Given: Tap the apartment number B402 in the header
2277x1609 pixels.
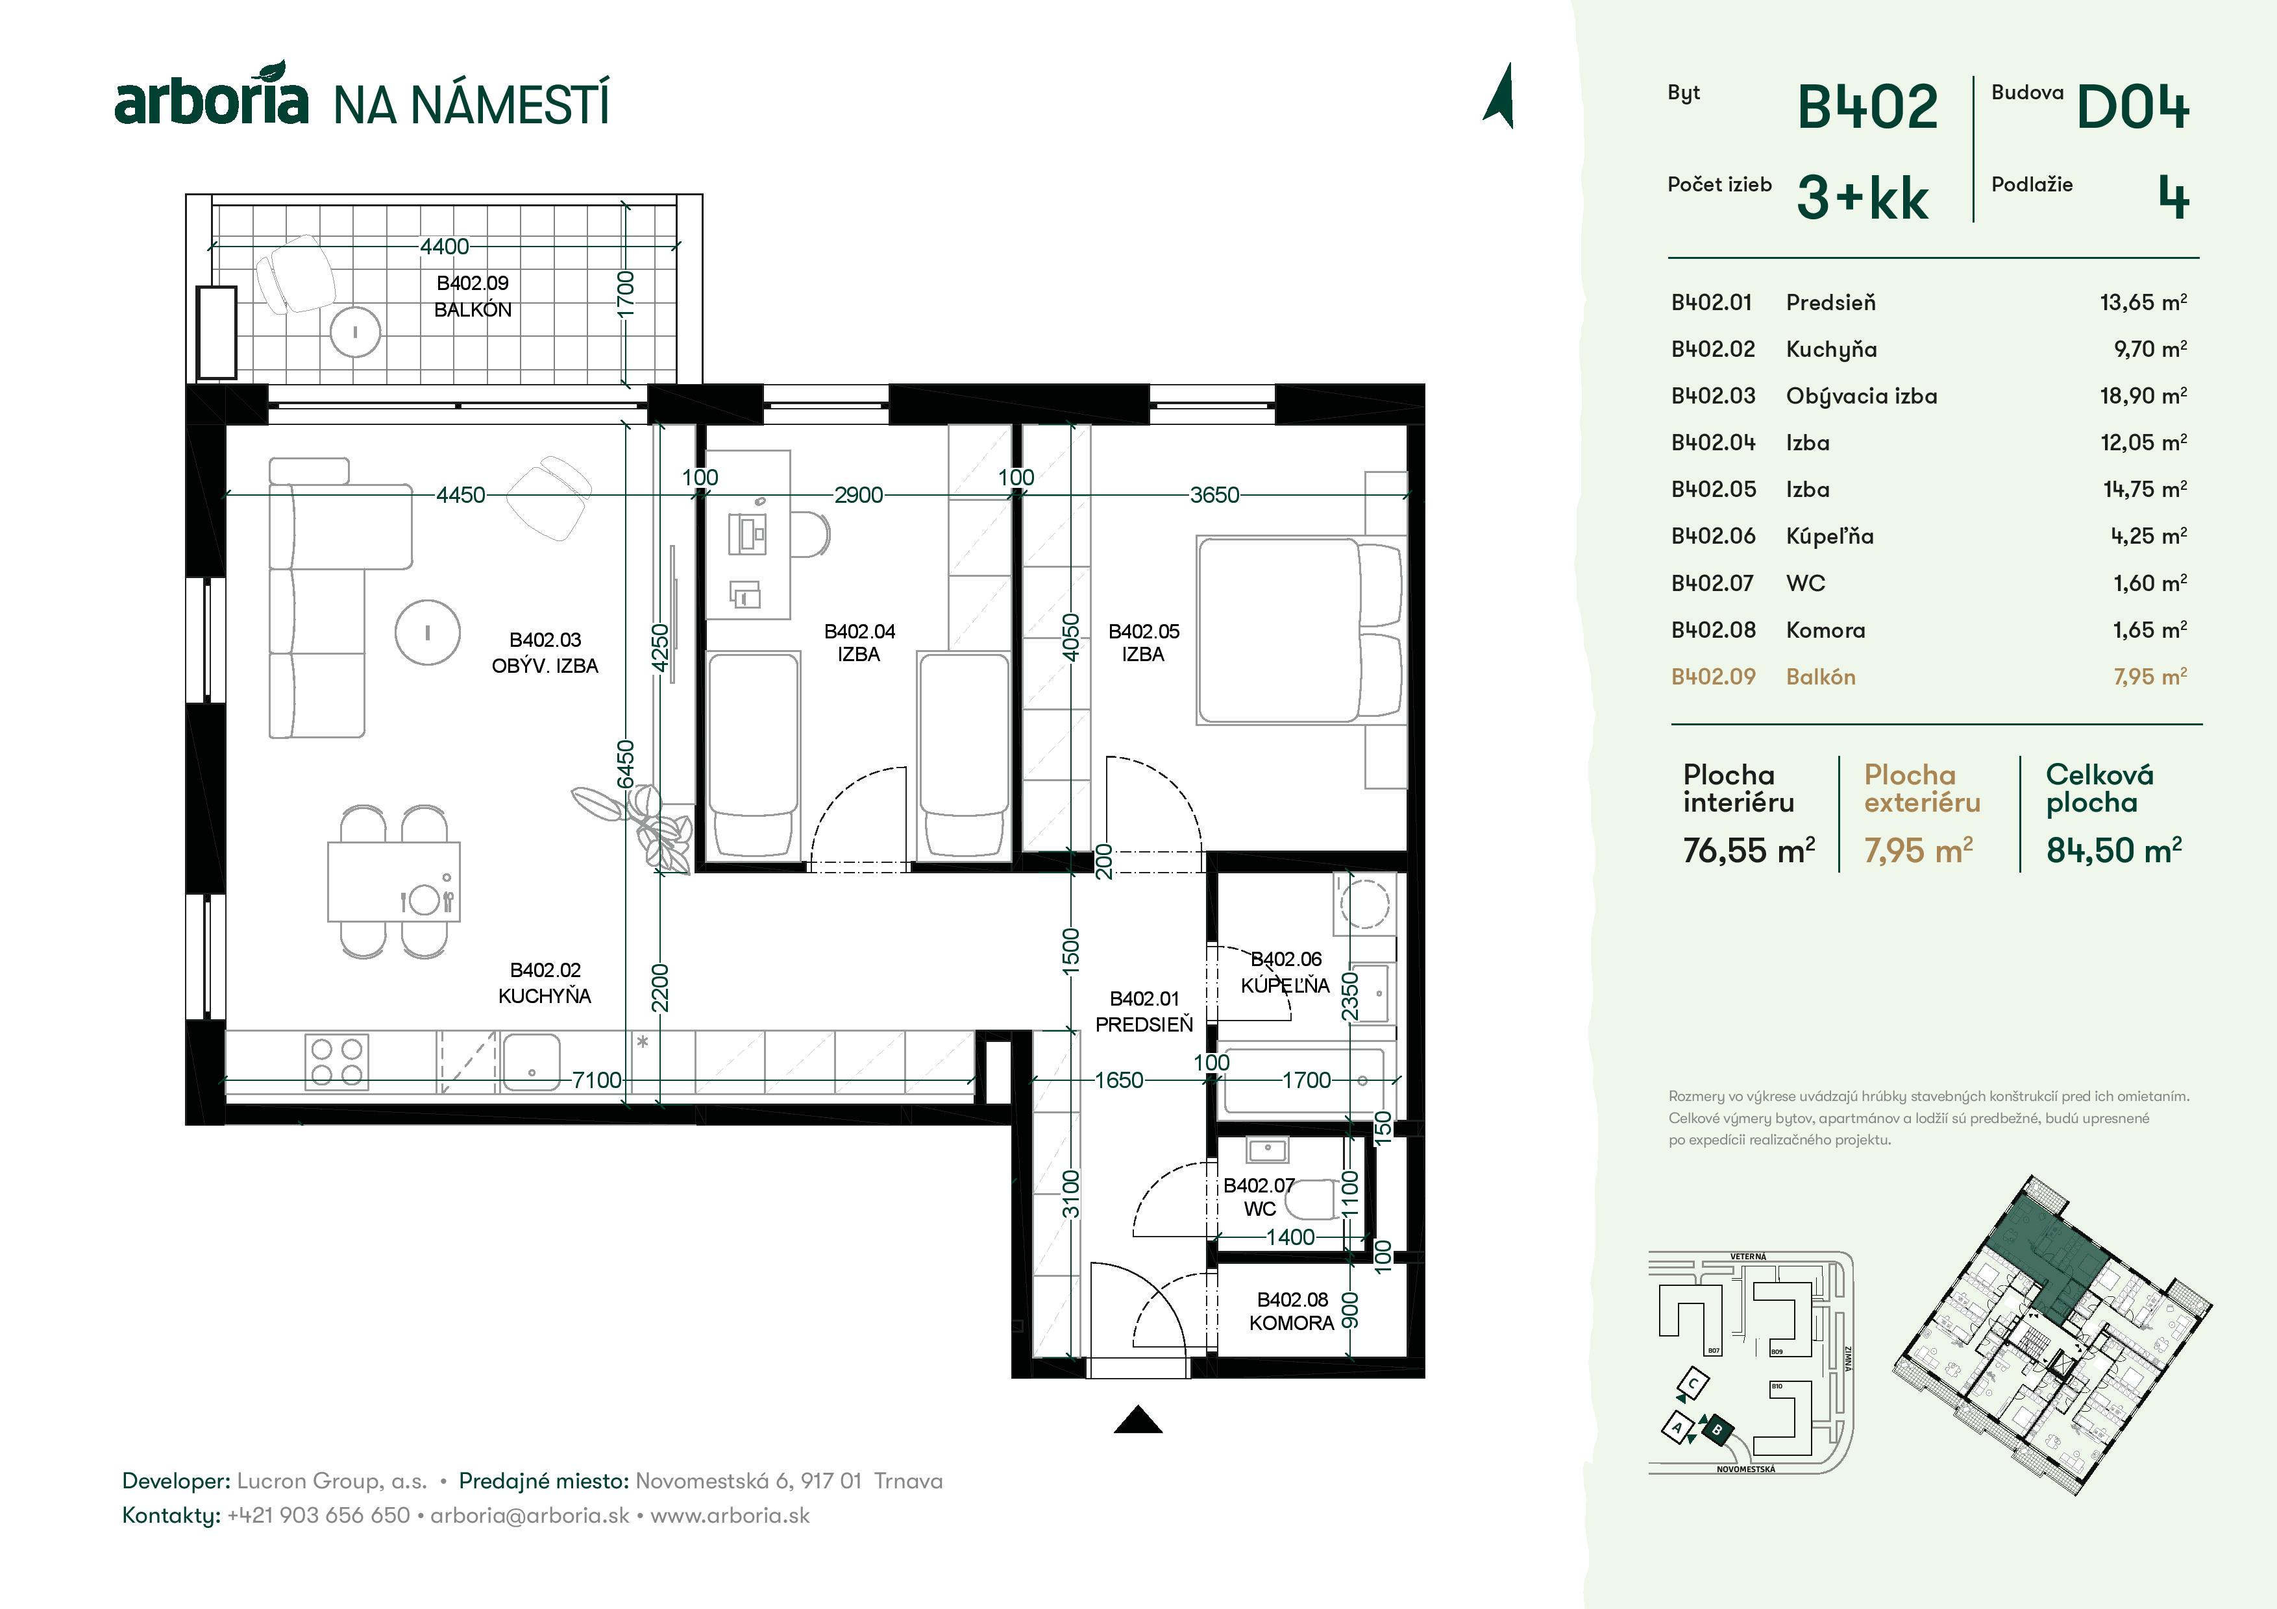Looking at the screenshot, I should tap(1866, 107).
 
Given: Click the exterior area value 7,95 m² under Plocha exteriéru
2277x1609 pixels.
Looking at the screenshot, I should tap(1917, 850).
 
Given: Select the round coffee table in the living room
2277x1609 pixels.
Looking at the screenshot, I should tap(428, 631).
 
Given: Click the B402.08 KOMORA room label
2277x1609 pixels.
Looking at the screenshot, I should tap(1291, 1311).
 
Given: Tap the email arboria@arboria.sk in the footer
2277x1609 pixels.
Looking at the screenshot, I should tap(530, 1516).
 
